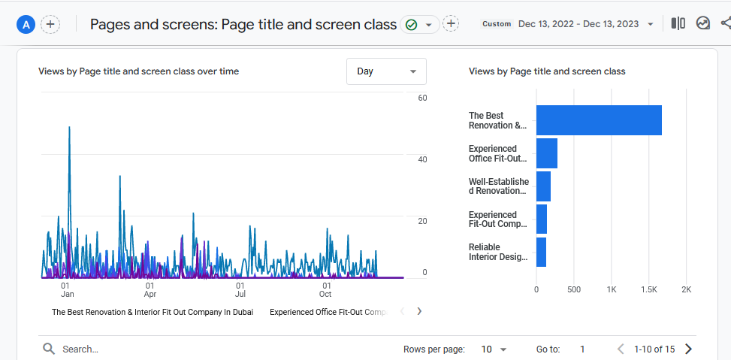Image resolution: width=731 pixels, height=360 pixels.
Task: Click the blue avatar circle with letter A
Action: click(26, 24)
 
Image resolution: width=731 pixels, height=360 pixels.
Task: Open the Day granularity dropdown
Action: click(386, 71)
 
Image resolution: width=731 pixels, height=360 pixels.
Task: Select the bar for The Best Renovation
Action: click(599, 120)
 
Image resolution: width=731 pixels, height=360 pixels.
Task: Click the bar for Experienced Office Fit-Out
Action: click(547, 153)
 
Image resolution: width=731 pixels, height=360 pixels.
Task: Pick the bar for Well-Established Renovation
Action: click(543, 186)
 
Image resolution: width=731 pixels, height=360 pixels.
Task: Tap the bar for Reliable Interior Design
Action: click(541, 252)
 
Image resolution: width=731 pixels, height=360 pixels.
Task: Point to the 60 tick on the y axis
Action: click(422, 98)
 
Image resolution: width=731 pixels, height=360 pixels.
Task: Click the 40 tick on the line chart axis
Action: click(422, 159)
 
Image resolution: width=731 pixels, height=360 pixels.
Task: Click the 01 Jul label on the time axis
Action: click(240, 290)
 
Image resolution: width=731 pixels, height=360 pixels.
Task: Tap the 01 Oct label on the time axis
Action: click(326, 290)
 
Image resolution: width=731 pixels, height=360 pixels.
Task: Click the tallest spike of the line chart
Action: click(69, 129)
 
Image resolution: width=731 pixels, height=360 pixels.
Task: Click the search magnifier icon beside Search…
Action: click(49, 349)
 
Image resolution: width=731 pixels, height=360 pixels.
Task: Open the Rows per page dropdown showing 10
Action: click(494, 349)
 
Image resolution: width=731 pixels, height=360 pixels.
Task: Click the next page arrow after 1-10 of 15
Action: click(688, 349)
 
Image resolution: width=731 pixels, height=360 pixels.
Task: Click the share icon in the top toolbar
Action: click(724, 23)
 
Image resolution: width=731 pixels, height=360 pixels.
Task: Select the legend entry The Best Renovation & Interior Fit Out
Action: click(153, 311)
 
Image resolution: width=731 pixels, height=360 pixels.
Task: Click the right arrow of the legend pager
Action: click(419, 311)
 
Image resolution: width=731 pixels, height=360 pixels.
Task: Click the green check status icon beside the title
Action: click(411, 25)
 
